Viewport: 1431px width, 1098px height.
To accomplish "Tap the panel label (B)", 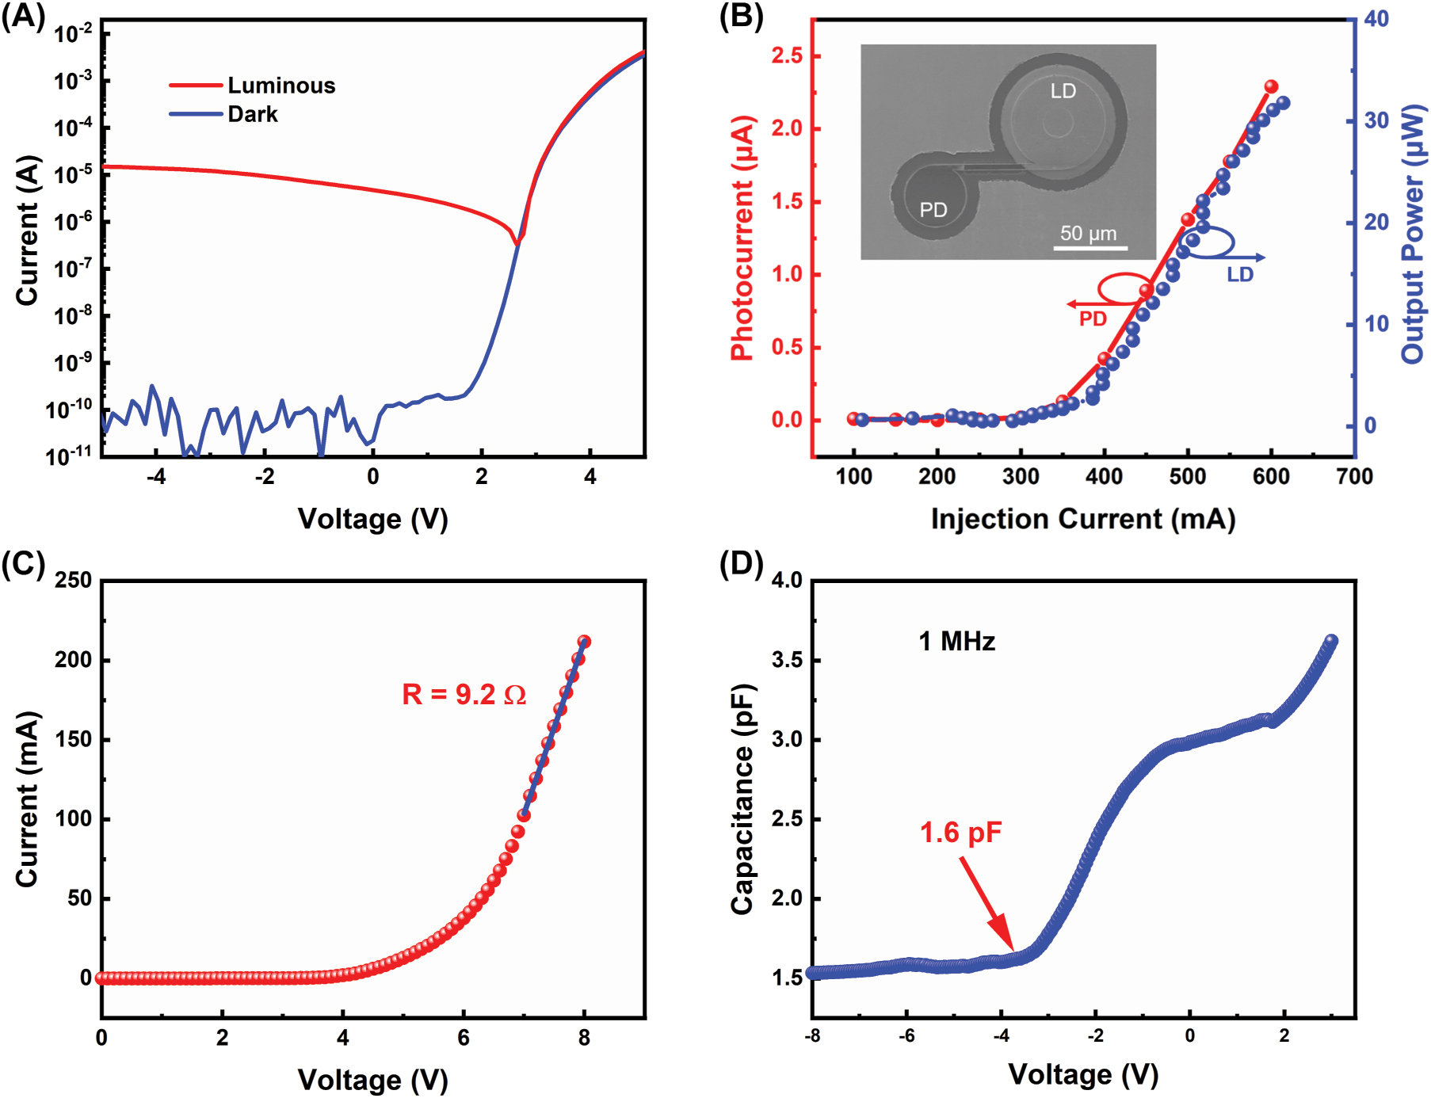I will click(x=740, y=16).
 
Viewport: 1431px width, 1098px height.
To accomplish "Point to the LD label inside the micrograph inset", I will click(x=1063, y=91).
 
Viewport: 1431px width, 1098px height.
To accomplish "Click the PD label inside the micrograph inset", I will click(x=933, y=210).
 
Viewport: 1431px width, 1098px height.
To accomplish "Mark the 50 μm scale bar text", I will click(x=1088, y=234).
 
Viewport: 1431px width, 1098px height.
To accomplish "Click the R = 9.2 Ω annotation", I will click(x=464, y=695).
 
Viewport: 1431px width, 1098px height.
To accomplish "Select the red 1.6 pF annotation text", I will click(x=960, y=833).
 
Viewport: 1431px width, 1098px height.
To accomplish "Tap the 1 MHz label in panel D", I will click(x=956, y=641).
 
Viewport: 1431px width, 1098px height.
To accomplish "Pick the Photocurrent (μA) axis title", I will click(x=742, y=238).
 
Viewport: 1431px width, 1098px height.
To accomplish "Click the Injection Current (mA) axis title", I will click(x=1082, y=519).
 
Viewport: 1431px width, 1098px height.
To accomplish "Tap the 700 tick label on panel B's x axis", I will click(x=1354, y=477).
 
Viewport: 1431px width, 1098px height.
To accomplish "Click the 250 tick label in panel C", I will click(x=73, y=581).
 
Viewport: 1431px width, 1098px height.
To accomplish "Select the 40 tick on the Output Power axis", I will click(x=1376, y=19).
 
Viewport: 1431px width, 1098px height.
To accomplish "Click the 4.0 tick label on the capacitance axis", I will click(x=787, y=581).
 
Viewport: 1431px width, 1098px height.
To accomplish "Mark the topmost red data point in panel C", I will click(x=584, y=642).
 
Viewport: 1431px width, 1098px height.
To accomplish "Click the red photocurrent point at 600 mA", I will click(x=1271, y=86).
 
